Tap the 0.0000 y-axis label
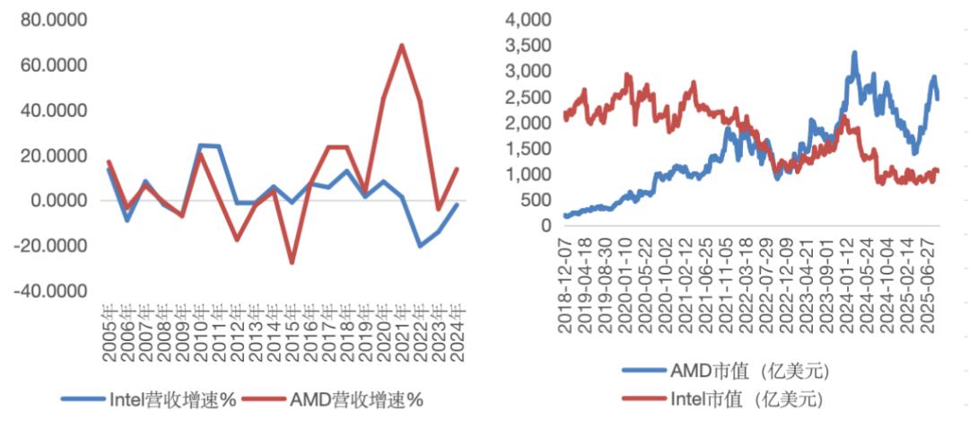pyautogui.click(x=56, y=201)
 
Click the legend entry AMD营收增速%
pyautogui.click(x=355, y=400)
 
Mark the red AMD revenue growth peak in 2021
pyautogui.click(x=401, y=45)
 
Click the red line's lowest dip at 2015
pyautogui.click(x=292, y=263)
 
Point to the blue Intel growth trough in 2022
pyautogui.click(x=419, y=245)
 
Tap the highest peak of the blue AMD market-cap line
pyautogui.click(x=854, y=52)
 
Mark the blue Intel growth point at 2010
pyautogui.click(x=200, y=145)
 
